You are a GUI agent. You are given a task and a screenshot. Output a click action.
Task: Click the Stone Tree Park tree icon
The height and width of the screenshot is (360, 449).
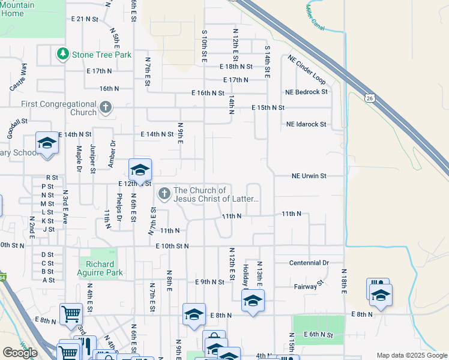point(62,55)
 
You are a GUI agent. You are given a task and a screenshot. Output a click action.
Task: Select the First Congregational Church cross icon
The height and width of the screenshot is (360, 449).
point(106,108)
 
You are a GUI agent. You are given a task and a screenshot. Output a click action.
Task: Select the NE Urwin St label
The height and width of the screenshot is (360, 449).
point(309,176)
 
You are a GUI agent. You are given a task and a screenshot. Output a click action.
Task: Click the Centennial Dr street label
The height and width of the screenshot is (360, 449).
point(309,263)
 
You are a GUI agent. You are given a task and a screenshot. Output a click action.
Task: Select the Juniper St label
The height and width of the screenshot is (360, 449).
point(93,159)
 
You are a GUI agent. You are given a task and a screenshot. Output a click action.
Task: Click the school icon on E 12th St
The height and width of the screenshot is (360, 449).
point(140,170)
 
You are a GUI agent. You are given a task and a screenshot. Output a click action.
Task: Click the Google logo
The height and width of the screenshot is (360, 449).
point(19,353)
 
